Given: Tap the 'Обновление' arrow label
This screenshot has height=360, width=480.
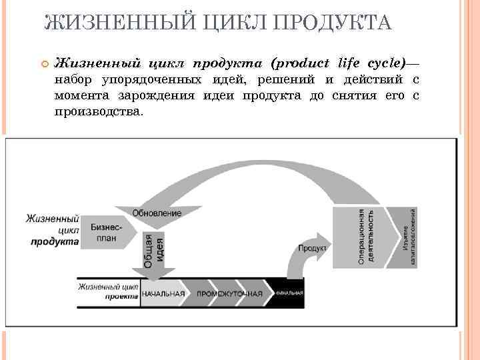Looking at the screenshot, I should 157,213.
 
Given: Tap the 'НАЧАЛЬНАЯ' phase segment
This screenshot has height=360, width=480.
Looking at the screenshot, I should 163,294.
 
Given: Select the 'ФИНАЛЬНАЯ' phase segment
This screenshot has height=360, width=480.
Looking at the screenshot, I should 287,294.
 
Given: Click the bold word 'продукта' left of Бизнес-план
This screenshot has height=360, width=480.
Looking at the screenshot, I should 55,241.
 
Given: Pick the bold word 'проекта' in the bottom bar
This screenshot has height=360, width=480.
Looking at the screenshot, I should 121,298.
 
